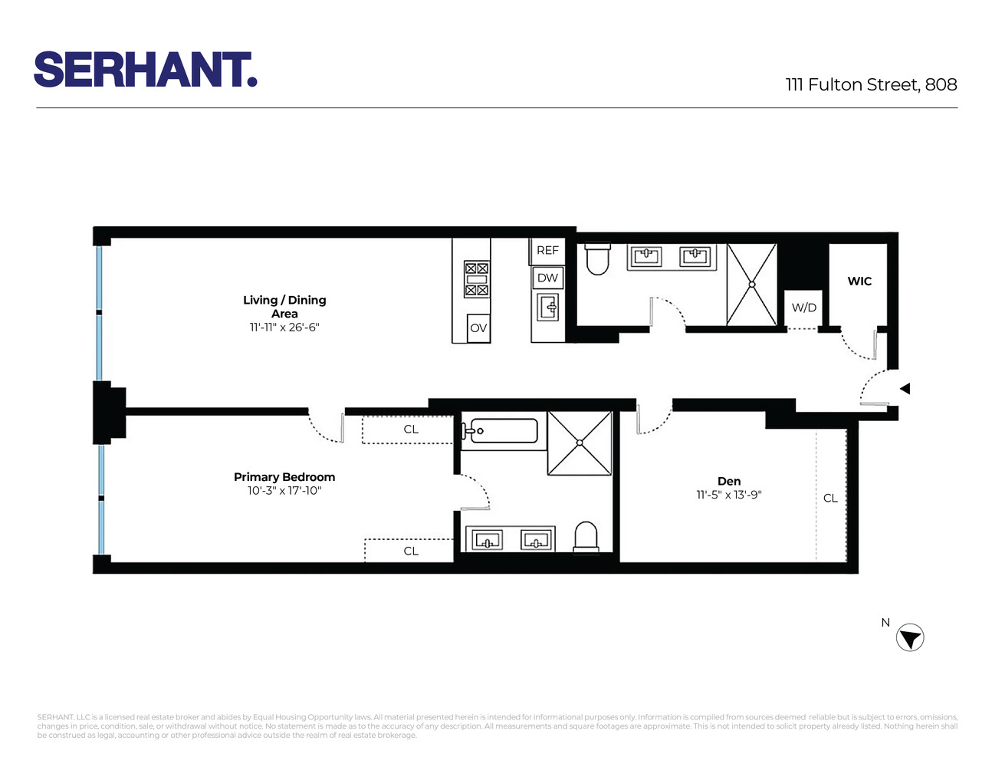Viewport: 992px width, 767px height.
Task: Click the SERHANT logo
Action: (x=145, y=70)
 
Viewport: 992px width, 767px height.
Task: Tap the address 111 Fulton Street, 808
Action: (x=871, y=84)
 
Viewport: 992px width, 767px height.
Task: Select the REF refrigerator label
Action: (x=547, y=250)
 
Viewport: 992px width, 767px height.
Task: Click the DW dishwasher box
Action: (x=547, y=278)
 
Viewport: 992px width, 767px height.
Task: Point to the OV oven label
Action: (x=478, y=328)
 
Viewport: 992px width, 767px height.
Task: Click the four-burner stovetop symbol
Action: (x=476, y=279)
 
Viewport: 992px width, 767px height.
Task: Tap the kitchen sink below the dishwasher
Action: (x=549, y=308)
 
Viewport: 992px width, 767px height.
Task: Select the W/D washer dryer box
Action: (x=803, y=308)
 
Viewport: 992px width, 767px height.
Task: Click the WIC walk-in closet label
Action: (x=859, y=281)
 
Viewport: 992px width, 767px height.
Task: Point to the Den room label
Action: (x=729, y=481)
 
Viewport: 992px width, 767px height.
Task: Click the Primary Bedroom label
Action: (x=284, y=476)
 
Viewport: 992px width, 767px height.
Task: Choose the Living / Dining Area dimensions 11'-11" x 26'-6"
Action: (x=284, y=328)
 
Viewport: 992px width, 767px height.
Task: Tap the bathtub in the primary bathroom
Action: (x=503, y=431)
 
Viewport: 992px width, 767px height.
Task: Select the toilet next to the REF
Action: (x=597, y=259)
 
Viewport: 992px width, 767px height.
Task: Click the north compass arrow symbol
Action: (x=910, y=638)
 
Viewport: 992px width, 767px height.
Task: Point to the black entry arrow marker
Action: (x=905, y=389)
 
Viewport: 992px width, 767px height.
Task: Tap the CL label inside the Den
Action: (x=830, y=498)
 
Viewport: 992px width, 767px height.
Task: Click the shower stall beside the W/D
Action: (x=751, y=285)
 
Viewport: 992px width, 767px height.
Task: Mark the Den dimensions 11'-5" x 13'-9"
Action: (x=729, y=495)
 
